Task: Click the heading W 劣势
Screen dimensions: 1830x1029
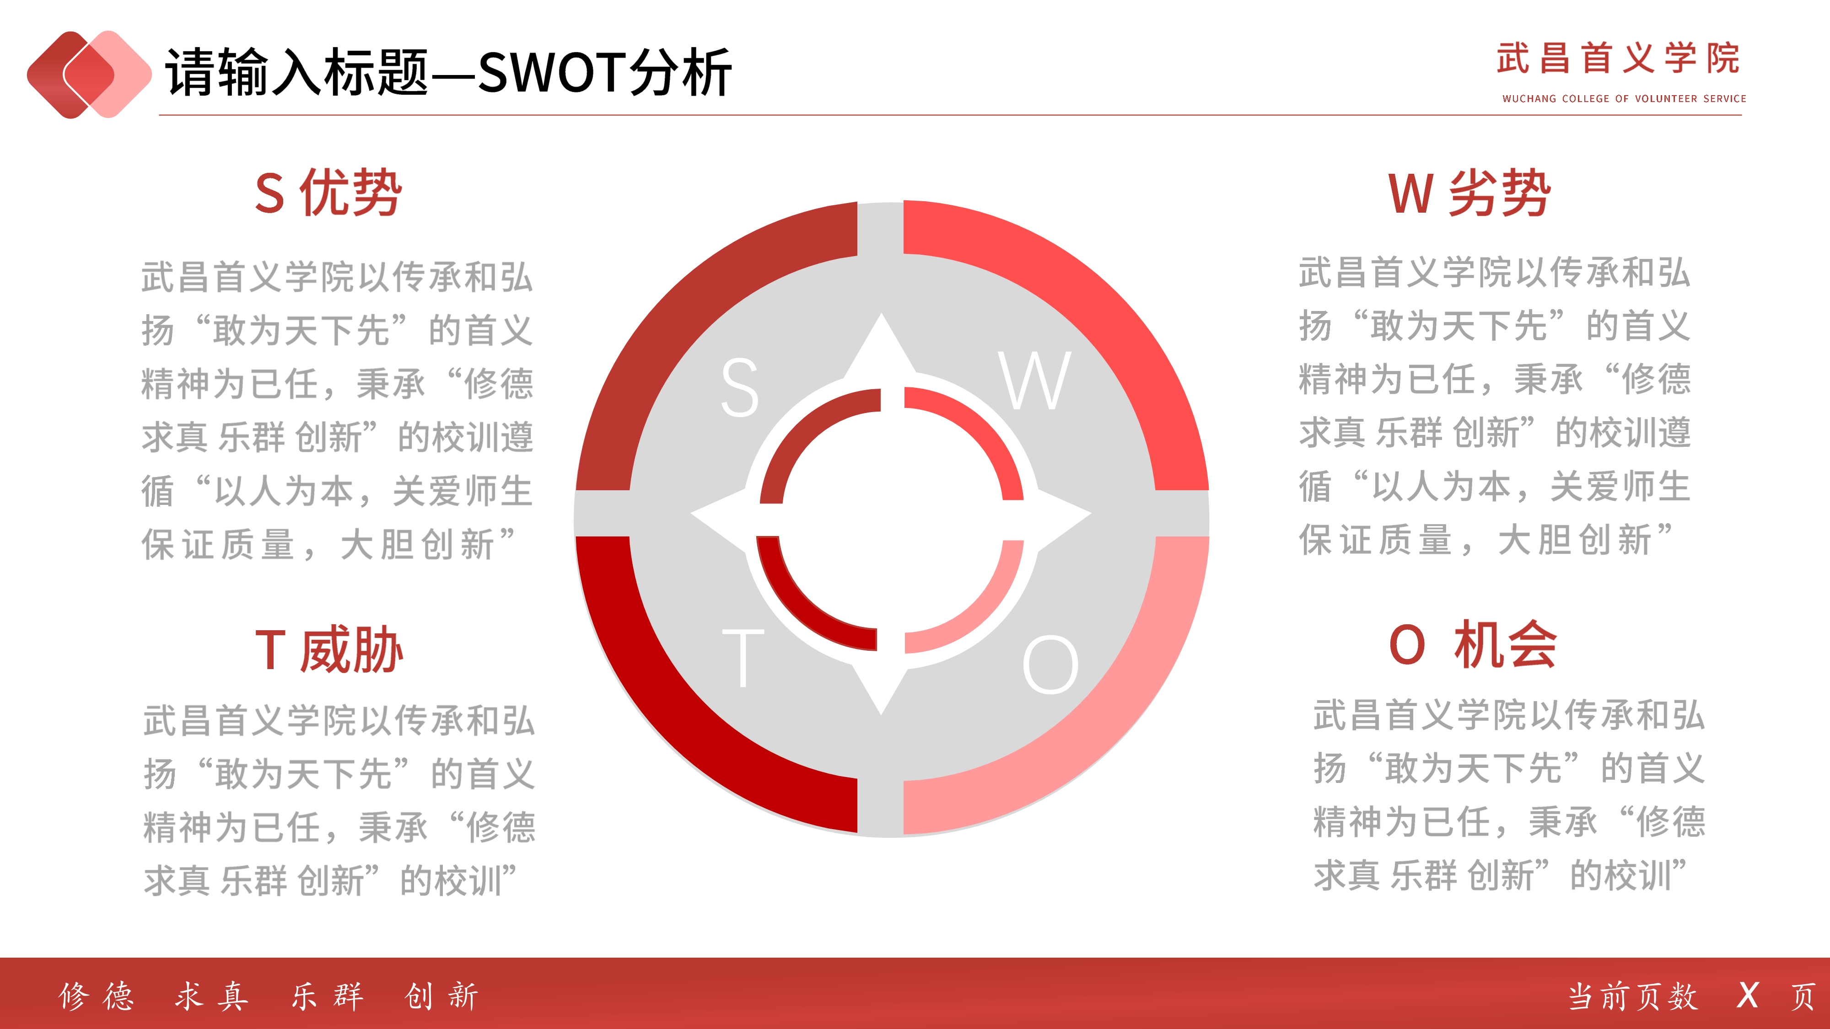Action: (1469, 193)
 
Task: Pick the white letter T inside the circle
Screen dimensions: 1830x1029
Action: (743, 658)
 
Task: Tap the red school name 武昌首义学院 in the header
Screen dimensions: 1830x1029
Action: (1618, 58)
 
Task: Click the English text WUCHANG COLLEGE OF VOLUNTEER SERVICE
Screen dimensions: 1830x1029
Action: (1624, 99)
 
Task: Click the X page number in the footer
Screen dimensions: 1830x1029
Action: (1748, 996)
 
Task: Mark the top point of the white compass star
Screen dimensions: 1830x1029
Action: (882, 313)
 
